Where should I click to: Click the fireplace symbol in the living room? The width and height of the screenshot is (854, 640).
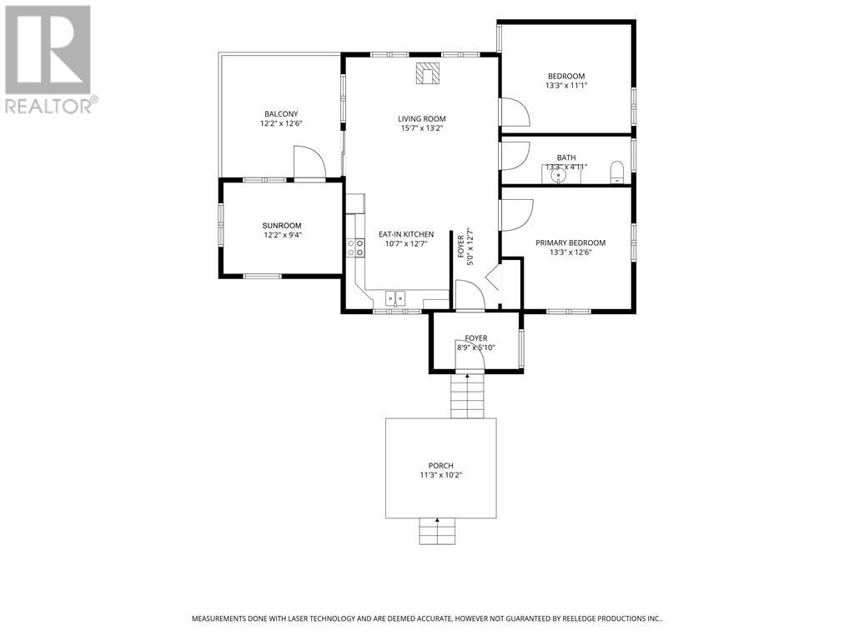coord(428,73)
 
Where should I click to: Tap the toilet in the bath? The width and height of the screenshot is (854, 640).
coord(616,172)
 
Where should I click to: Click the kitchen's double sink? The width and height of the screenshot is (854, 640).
coord(395,299)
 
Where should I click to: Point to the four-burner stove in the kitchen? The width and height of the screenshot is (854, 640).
coord(355,248)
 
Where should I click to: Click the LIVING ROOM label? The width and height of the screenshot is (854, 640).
coord(421,118)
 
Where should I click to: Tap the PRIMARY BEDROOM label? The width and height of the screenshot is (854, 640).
coord(570,242)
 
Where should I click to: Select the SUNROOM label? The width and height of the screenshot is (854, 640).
coord(282,225)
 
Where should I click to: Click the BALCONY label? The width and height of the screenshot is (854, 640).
coord(281,113)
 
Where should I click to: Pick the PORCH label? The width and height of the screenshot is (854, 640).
coord(440,466)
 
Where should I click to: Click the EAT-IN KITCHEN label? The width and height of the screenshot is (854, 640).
coord(406,234)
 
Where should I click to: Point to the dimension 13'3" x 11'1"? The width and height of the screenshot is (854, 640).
coord(566,86)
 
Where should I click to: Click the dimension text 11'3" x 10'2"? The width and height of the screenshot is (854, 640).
coord(440,475)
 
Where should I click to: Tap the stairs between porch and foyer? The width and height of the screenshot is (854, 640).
coord(467,396)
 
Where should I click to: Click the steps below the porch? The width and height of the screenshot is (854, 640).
coord(437,531)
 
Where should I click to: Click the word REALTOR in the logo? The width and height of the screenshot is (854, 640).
coord(48,106)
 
